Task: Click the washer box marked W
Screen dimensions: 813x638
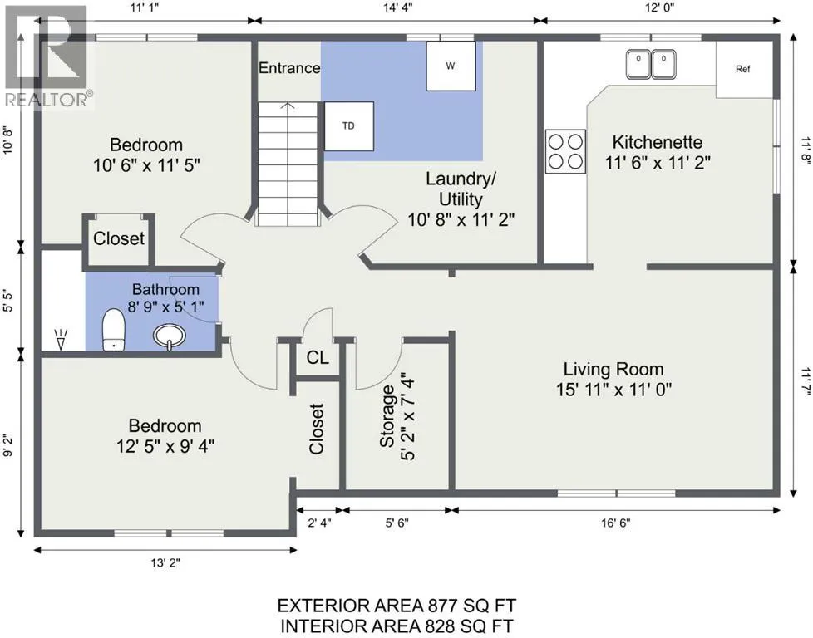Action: (451, 66)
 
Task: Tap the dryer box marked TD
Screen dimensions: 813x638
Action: (349, 126)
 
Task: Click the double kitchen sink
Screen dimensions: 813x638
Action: (651, 64)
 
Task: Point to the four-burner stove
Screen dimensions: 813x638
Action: (565, 151)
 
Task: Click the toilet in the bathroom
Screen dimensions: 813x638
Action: (114, 330)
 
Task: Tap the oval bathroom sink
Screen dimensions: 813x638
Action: (169, 336)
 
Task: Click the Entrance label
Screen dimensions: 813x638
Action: (289, 68)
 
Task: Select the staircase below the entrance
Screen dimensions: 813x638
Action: (288, 164)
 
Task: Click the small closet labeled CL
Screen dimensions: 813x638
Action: (318, 357)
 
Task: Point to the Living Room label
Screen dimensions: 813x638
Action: (613, 369)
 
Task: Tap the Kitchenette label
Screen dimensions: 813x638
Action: (658, 142)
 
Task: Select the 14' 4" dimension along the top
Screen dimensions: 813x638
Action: (397, 7)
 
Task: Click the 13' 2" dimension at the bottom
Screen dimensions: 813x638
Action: (165, 562)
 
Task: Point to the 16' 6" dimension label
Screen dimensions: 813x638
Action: (616, 523)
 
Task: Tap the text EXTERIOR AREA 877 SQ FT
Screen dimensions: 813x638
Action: (397, 606)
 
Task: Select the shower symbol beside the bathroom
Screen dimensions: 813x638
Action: (62, 339)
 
